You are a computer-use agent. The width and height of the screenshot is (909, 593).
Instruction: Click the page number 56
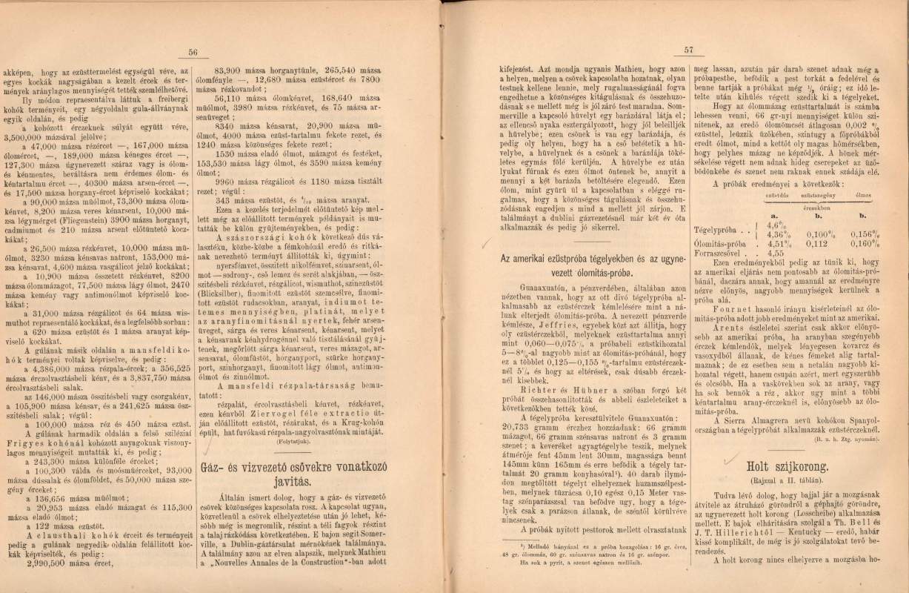coord(194,52)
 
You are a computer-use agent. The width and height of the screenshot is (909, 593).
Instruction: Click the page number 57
coord(687,50)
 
